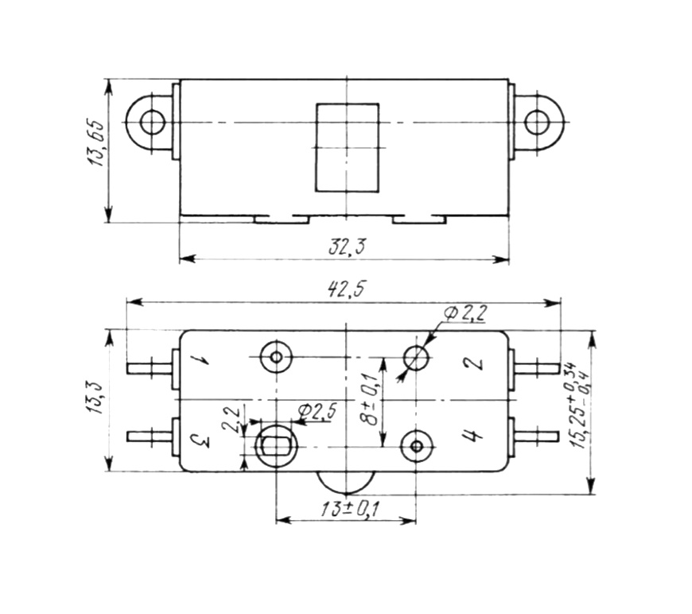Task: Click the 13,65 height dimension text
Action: [97, 142]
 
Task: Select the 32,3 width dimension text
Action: [347, 247]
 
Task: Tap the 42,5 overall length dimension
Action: [347, 290]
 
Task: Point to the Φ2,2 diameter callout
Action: [465, 313]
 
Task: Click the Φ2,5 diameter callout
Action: [317, 412]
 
